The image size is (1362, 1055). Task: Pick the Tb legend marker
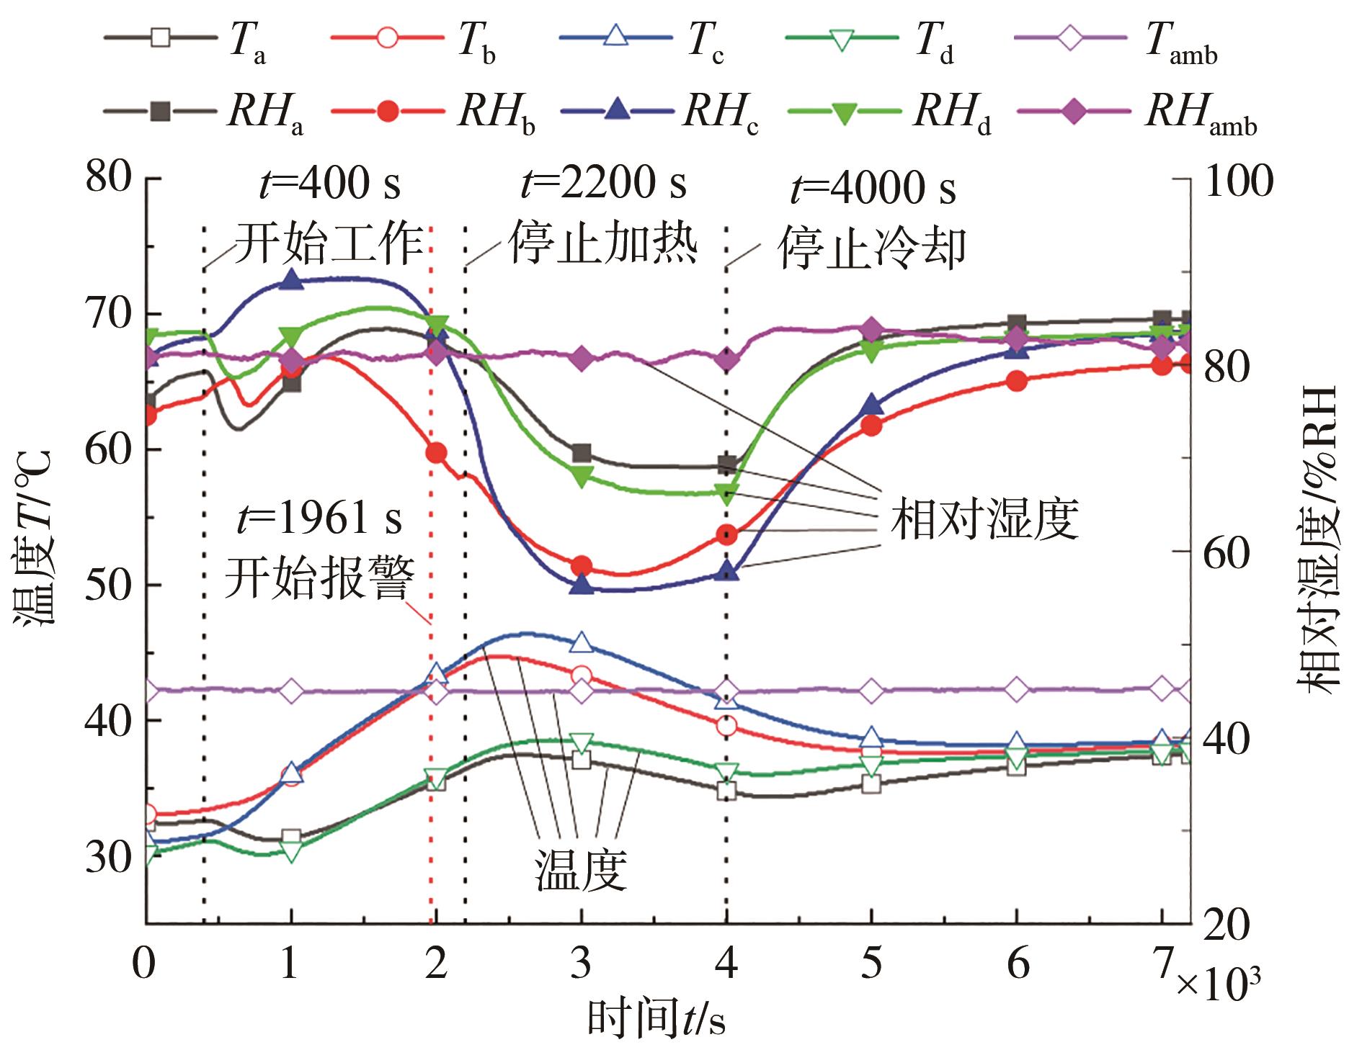(x=388, y=37)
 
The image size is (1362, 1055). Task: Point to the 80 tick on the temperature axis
(x=109, y=177)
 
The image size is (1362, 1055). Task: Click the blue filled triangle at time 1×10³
(x=291, y=279)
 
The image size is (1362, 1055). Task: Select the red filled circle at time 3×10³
(x=581, y=566)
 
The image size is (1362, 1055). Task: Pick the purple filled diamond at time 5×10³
(x=871, y=329)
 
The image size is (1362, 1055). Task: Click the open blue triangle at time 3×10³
(x=582, y=642)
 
